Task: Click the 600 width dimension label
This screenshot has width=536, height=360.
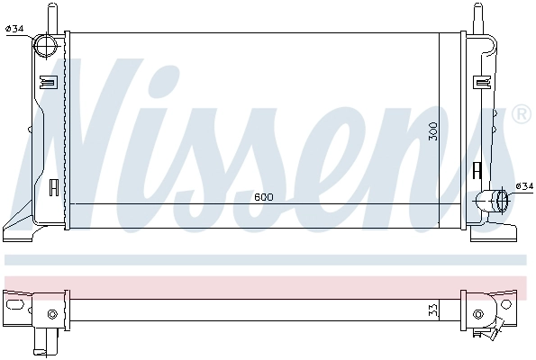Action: point(264,197)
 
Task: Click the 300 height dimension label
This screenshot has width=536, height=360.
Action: point(433,131)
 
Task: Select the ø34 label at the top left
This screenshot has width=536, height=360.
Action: point(14,29)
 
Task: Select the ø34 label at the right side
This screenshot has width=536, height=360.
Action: point(524,186)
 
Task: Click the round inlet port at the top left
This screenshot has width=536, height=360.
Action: point(47,46)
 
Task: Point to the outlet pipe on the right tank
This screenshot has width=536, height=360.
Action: point(492,201)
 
